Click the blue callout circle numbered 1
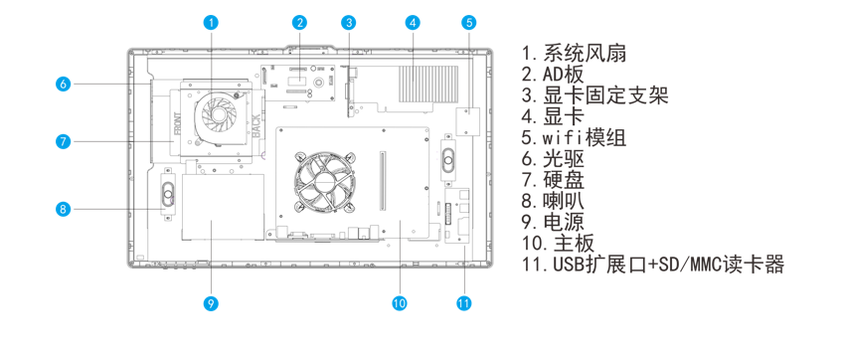(212, 22)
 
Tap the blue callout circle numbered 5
(469, 22)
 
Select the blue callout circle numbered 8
(63, 209)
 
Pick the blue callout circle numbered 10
(400, 303)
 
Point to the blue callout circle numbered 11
(463, 303)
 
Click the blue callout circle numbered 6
(63, 84)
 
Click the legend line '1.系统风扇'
(574, 53)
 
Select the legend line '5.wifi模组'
(574, 137)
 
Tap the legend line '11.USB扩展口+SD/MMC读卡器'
(653, 265)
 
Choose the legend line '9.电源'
(553, 222)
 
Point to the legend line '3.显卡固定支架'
(595, 95)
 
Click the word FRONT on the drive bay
(179, 123)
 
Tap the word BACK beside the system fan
(256, 125)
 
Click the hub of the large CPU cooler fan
(324, 181)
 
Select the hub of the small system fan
(219, 113)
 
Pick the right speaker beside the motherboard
(449, 159)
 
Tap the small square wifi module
(467, 121)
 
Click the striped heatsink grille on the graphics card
(428, 84)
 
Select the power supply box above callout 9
(224, 207)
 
